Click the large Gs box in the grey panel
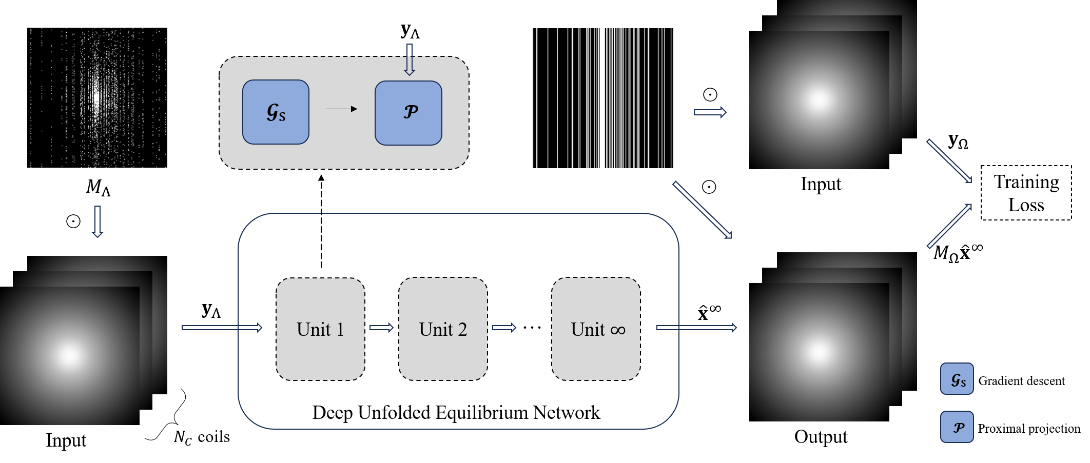[276, 112]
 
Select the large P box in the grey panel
[408, 113]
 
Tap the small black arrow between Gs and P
[341, 109]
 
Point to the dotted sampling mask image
[98, 98]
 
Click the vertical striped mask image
[602, 98]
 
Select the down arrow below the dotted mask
[98, 222]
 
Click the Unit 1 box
[320, 329]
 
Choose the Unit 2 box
[443, 329]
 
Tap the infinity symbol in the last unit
[618, 330]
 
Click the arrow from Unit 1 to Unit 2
[381, 328]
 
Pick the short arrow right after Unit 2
[504, 328]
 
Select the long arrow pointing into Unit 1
[222, 328]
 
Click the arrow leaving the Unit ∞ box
[696, 328]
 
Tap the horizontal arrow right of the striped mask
[710, 112]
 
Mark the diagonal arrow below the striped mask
[702, 210]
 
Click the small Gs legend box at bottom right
[957, 379]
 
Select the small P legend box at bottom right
[957, 427]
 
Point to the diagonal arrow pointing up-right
[949, 226]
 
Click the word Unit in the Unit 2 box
[436, 329]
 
